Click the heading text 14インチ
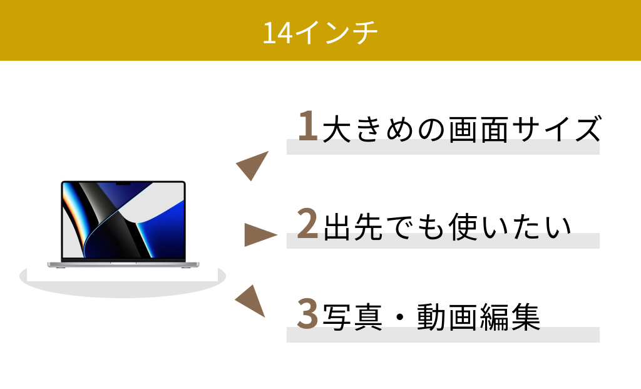pyautogui.click(x=320, y=33)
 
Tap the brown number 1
pyautogui.click(x=308, y=125)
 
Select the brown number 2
pyautogui.click(x=307, y=223)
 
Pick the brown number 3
pyautogui.click(x=307, y=313)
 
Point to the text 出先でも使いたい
pyautogui.click(x=447, y=227)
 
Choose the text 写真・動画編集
pyautogui.click(x=432, y=317)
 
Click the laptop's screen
pyautogui.click(x=123, y=220)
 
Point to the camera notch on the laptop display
pyautogui.click(x=123, y=184)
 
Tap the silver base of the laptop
pyautogui.click(x=123, y=264)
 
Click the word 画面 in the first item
pyautogui.click(x=479, y=129)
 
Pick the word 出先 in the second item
pyautogui.click(x=353, y=227)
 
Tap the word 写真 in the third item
pyautogui.click(x=353, y=317)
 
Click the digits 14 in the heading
pyautogui.click(x=277, y=33)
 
